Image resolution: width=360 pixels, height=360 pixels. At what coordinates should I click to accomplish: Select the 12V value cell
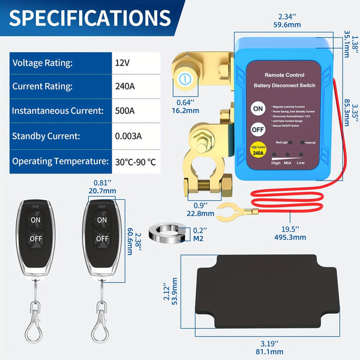122,62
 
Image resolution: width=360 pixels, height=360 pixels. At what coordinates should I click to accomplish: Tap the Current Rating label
42,86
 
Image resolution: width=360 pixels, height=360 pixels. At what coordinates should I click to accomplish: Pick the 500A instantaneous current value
125,111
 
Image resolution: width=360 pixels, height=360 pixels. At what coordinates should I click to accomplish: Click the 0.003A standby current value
128,136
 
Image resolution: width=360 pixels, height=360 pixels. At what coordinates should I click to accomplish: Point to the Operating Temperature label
58,161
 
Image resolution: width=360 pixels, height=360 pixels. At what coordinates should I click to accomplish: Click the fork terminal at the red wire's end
228,210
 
